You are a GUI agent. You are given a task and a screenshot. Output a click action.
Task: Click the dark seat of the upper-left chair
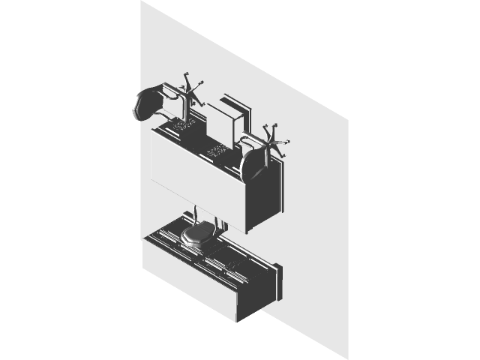click(x=147, y=104)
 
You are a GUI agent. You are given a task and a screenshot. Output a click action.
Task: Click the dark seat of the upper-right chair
click(x=253, y=164)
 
